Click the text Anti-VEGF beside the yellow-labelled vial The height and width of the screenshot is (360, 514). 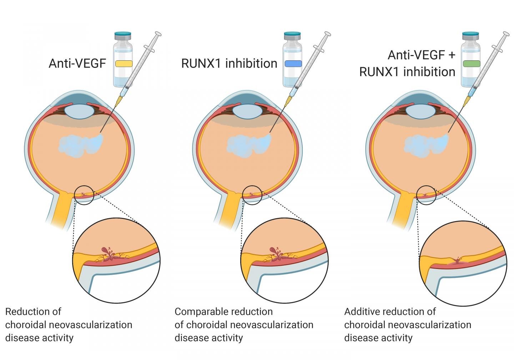(77, 64)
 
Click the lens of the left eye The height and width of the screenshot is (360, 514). (79, 111)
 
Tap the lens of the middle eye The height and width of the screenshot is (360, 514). (248, 111)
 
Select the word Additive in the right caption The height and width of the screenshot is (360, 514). (361, 312)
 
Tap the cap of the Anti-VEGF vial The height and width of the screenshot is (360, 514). (123, 35)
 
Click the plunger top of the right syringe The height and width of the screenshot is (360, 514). (507, 34)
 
